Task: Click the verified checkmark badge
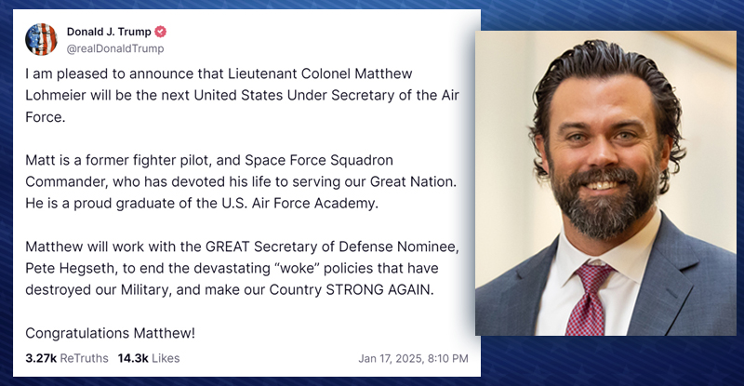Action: pyautogui.click(x=160, y=32)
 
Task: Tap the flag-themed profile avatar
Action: pyautogui.click(x=41, y=39)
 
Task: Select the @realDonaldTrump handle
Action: pyautogui.click(x=115, y=48)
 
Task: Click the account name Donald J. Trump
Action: pyautogui.click(x=109, y=32)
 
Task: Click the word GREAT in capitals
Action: pyautogui.click(x=227, y=246)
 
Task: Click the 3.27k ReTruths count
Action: pyautogui.click(x=67, y=358)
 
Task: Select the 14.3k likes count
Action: pyautogui.click(x=149, y=358)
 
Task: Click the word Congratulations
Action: pyautogui.click(x=77, y=333)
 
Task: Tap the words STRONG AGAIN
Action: pyautogui.click(x=379, y=289)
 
